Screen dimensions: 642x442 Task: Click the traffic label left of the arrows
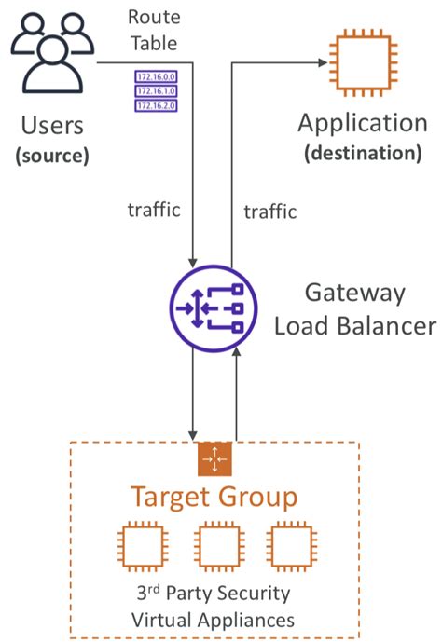click(x=153, y=211)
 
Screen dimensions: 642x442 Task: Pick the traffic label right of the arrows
click(x=270, y=212)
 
